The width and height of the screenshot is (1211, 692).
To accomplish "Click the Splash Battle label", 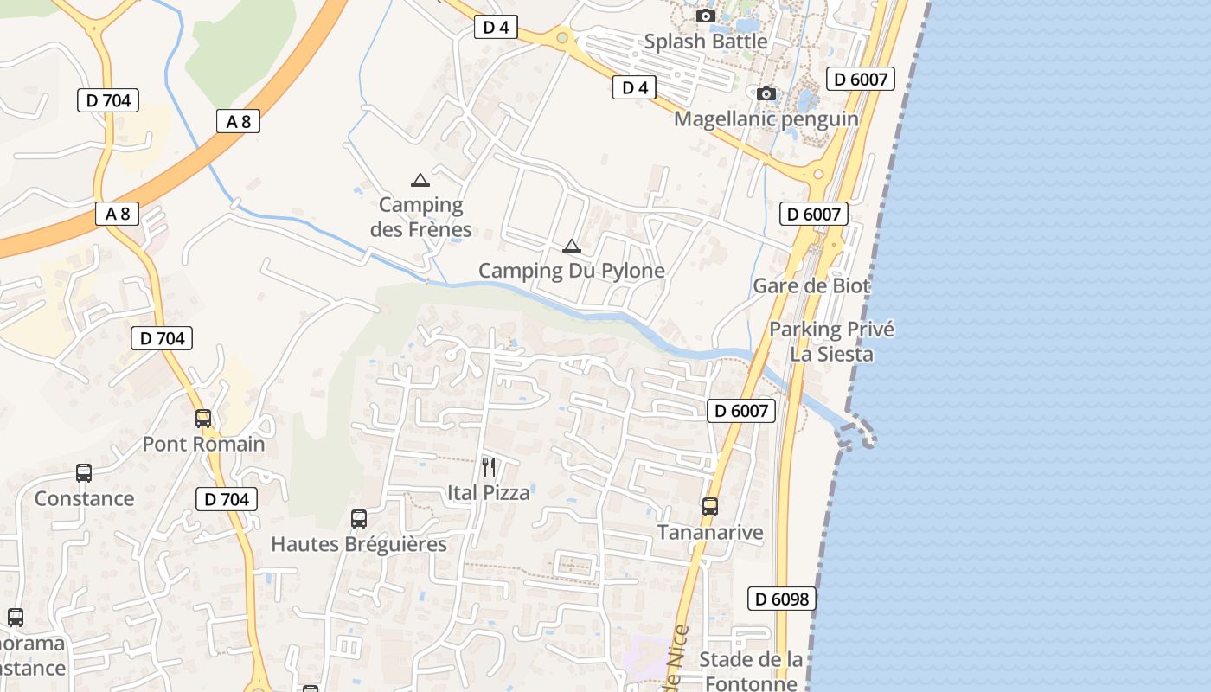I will (x=706, y=42).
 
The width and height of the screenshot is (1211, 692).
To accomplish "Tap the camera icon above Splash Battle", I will (x=706, y=16).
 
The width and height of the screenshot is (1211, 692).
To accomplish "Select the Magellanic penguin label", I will (x=766, y=119).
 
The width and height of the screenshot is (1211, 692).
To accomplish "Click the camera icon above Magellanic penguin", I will (x=766, y=93).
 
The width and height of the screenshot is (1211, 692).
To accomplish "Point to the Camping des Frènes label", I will (x=421, y=217).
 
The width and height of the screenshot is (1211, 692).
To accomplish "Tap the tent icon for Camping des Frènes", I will (x=420, y=180).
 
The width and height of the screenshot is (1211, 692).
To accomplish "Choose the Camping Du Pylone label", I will (x=572, y=271).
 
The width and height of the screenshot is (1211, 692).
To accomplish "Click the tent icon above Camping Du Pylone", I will (x=571, y=246).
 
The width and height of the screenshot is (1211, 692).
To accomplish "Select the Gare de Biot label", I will (x=811, y=285).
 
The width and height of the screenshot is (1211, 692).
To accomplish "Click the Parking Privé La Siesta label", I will (x=831, y=342).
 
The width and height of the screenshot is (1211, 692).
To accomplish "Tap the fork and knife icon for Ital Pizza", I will (x=489, y=467).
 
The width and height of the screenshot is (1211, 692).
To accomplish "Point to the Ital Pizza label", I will (x=489, y=493).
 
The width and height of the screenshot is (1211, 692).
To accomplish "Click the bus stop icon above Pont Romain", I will (x=203, y=419).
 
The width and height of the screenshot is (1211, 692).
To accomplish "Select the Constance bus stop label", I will (x=84, y=499).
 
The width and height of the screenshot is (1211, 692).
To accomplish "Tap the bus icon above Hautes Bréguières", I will (x=359, y=519).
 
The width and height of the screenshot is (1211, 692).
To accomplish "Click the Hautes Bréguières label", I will (x=359, y=544).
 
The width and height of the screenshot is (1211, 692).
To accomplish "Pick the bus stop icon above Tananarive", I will (x=710, y=507).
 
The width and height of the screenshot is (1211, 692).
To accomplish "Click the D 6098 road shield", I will (x=782, y=599).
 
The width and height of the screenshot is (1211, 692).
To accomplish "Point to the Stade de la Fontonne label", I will (x=751, y=671).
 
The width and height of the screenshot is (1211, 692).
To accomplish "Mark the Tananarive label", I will (x=710, y=532).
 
